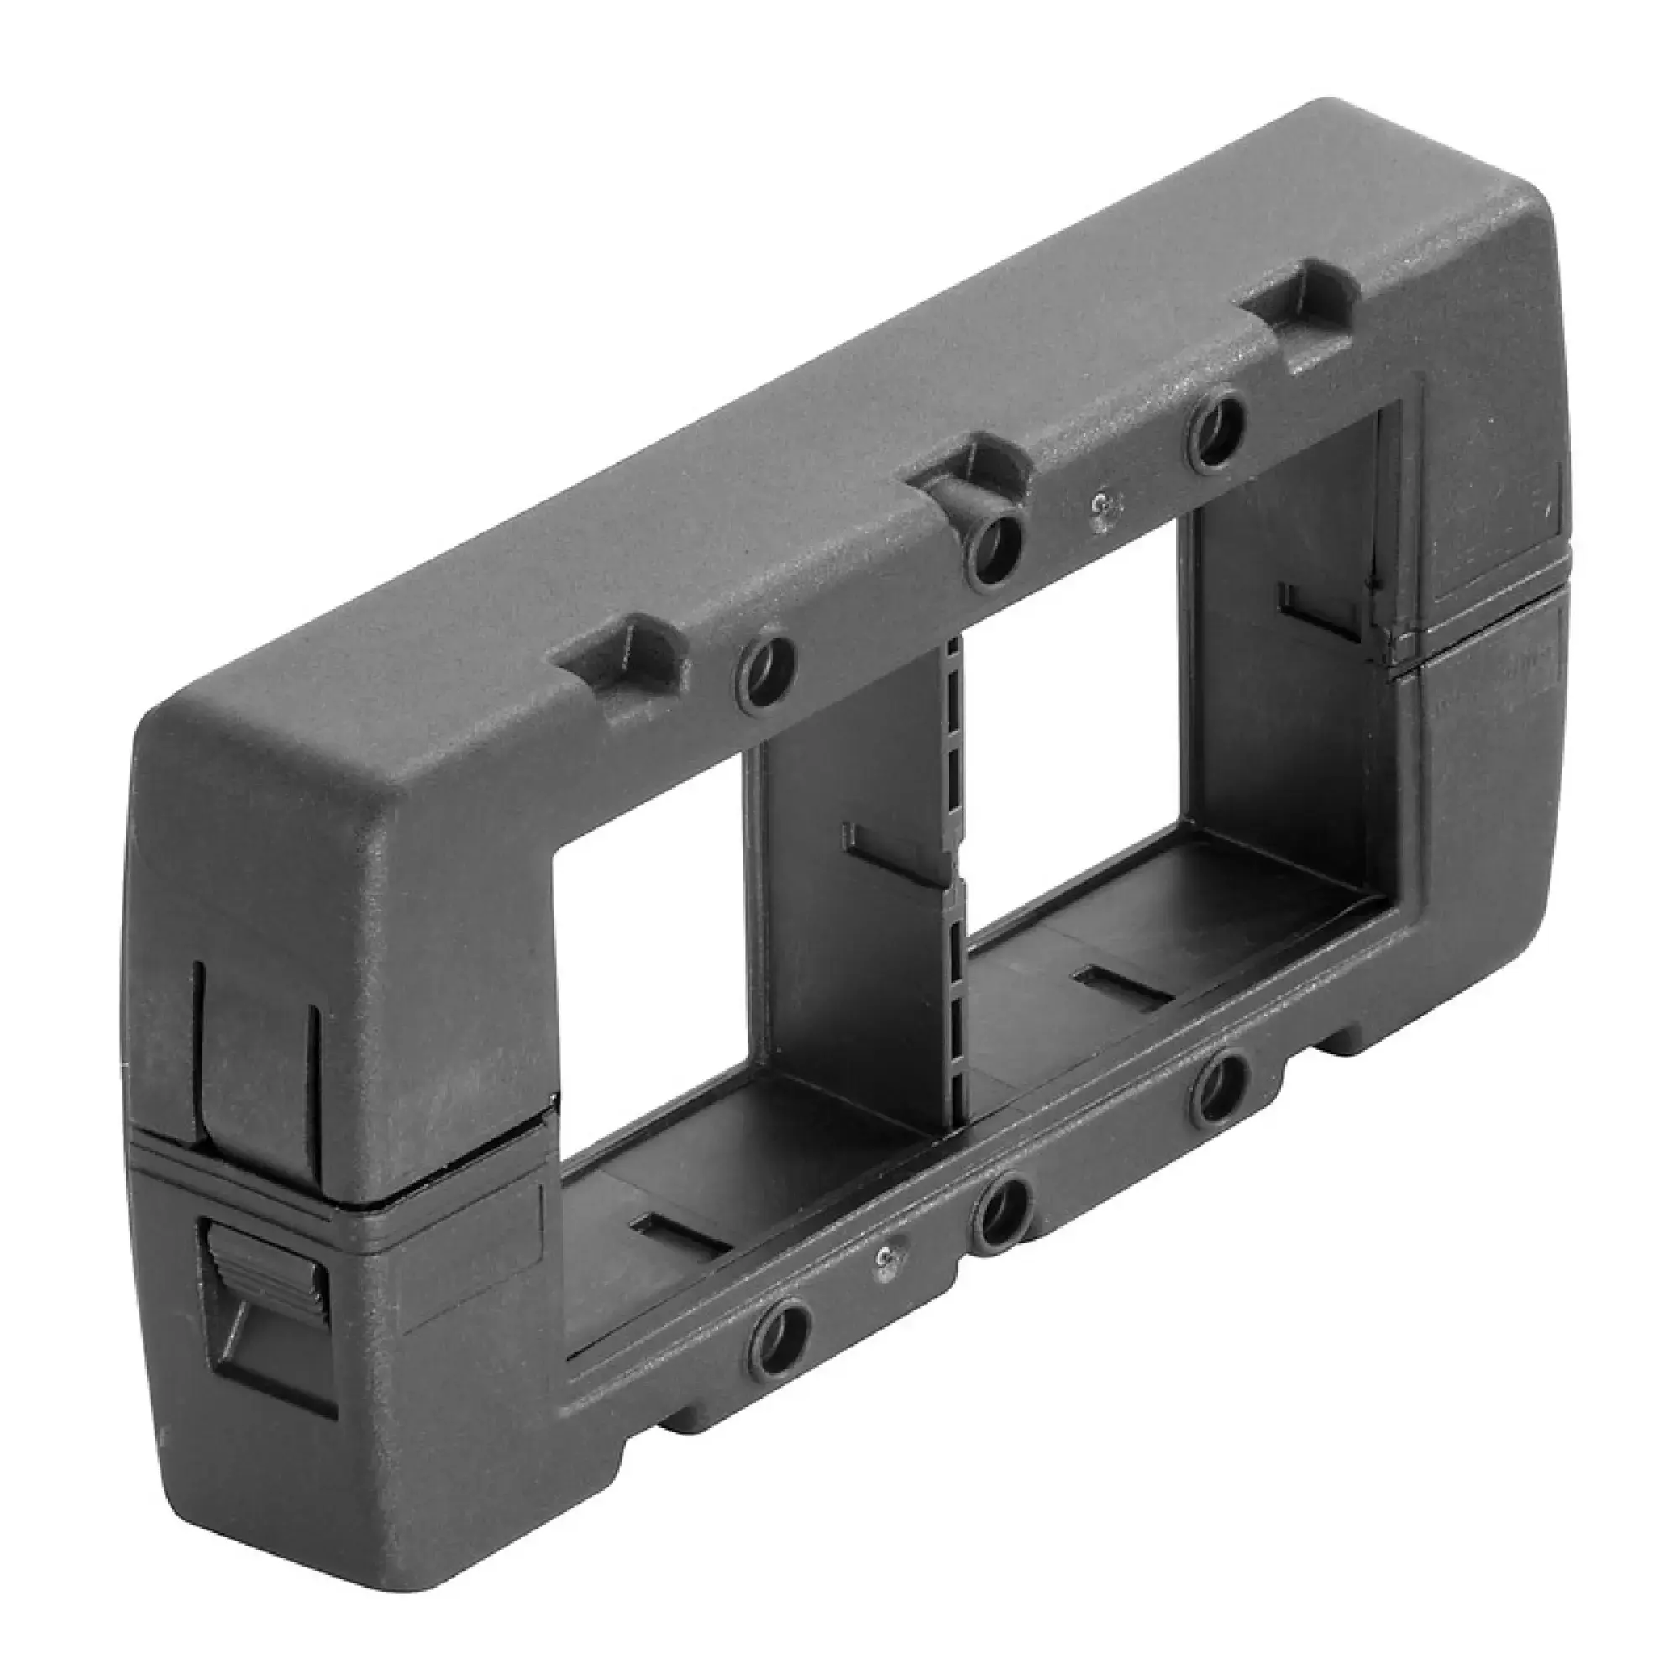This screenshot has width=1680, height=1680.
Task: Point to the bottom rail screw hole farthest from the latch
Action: click(x=1220, y=1094)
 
